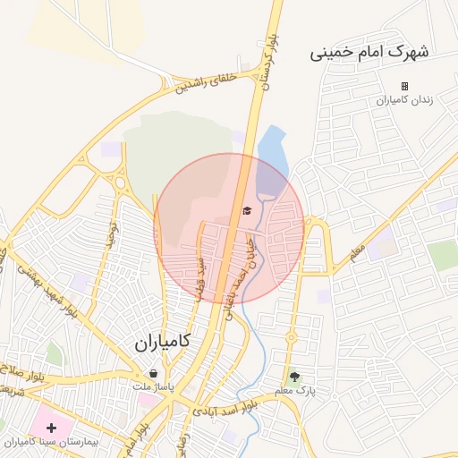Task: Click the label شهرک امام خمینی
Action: coord(369,52)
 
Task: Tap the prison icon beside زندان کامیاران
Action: coord(404,87)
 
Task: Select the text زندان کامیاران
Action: coord(404,100)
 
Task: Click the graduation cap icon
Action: coord(246,211)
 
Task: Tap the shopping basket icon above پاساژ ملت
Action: coord(154,373)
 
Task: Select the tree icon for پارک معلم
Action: coord(295,377)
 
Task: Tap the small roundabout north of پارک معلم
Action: coord(291,338)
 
